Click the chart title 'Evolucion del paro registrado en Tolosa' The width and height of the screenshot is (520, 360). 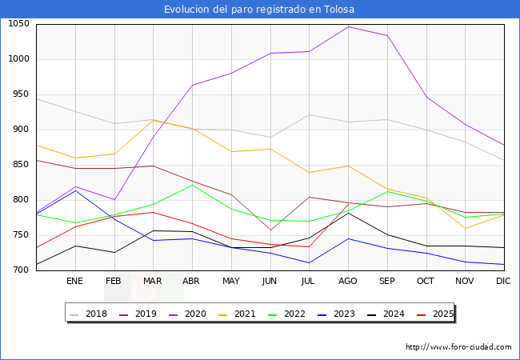pos(259,10)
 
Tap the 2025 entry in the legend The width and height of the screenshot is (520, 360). pos(441,314)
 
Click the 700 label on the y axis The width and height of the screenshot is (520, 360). pos(21,270)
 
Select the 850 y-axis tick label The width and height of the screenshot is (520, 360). pos(21,165)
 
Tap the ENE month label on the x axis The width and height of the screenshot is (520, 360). pos(74,282)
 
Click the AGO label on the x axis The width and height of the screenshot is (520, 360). pos(348,282)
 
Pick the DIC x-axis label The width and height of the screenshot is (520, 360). pos(503,282)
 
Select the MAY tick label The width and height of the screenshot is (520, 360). pos(231,282)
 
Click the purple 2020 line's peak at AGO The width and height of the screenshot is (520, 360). pos(348,26)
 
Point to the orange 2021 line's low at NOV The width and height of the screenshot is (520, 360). pos(465,229)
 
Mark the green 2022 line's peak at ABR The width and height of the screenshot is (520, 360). pos(192,185)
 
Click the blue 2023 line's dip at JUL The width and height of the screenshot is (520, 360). pos(309,262)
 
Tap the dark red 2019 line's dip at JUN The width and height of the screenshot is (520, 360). pos(270,230)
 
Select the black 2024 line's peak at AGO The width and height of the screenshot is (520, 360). pos(348,213)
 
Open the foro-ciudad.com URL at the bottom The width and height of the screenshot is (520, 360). pos(458,347)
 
